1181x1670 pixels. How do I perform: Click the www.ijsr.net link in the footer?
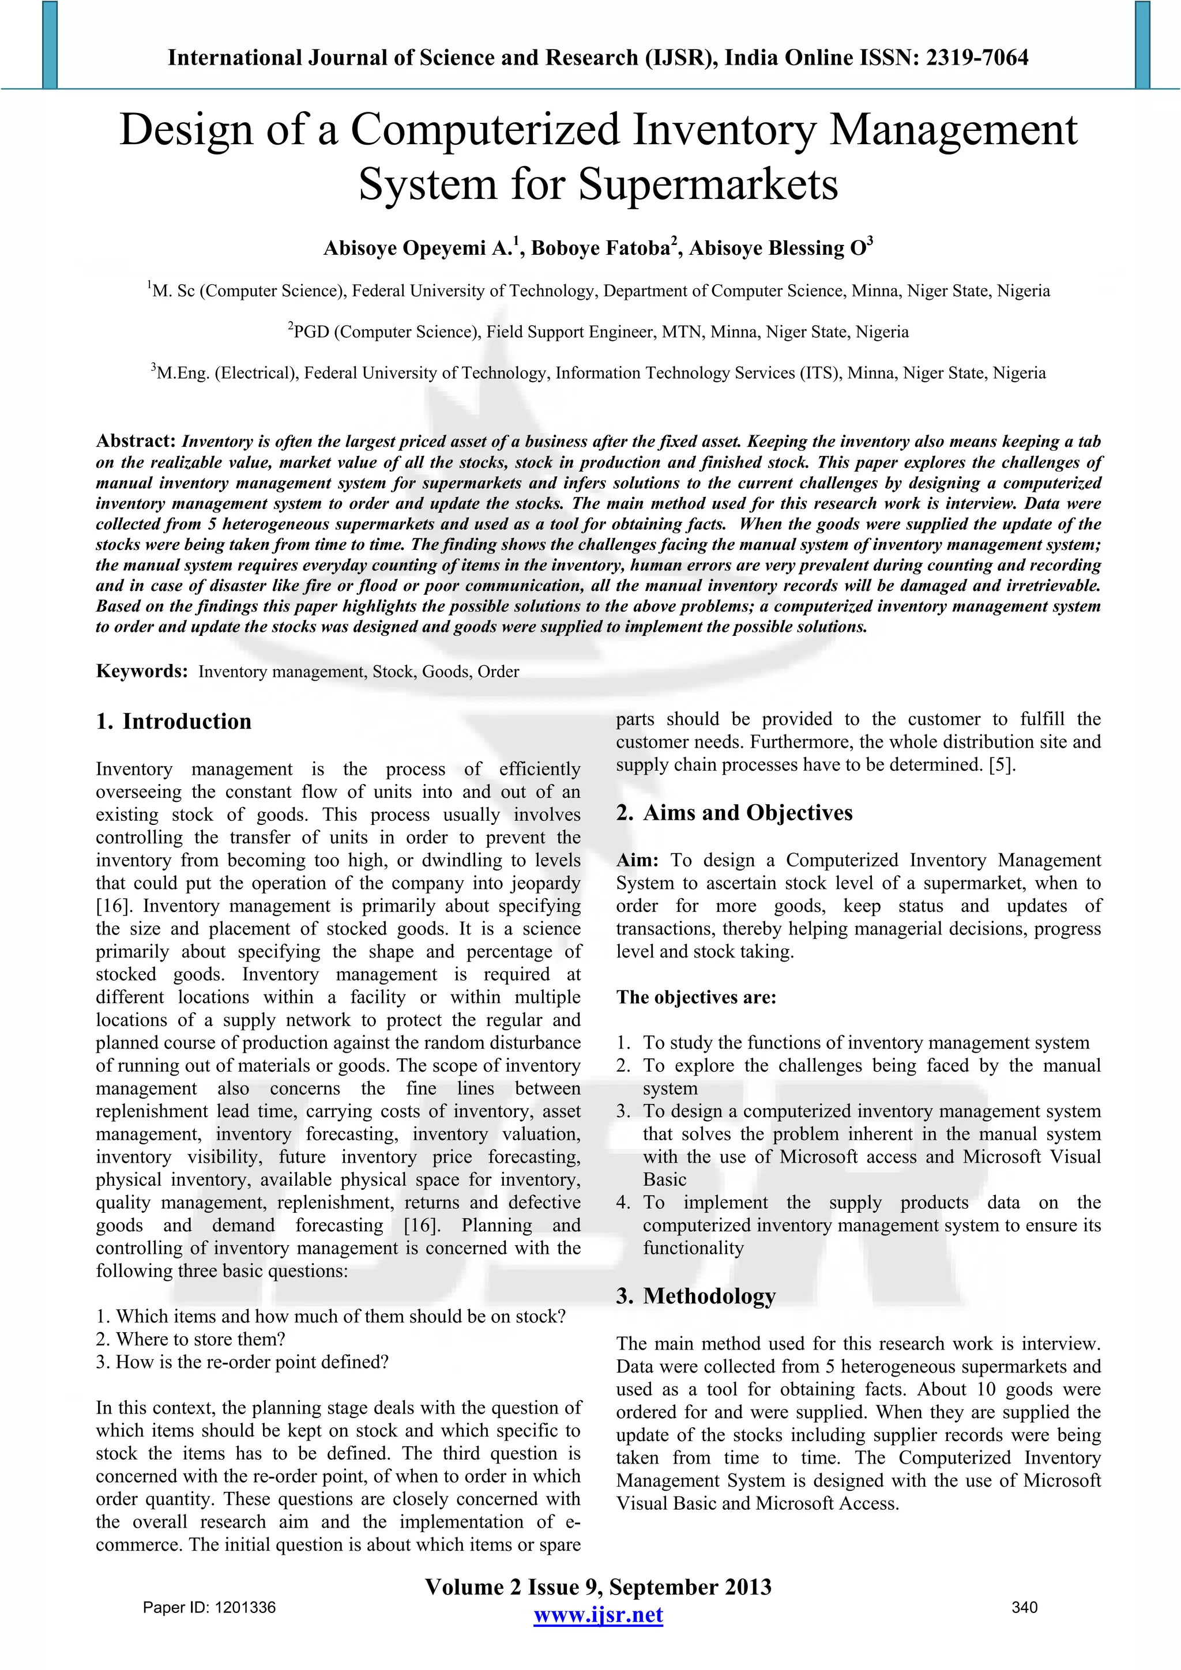point(597,1615)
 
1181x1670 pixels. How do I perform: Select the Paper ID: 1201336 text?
point(209,1607)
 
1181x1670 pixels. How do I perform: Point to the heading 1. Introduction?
point(174,722)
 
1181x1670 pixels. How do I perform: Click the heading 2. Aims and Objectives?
point(734,812)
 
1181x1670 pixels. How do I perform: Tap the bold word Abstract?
point(136,441)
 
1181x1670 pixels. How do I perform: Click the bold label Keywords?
point(142,670)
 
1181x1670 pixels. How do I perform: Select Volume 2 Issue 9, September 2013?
point(597,1587)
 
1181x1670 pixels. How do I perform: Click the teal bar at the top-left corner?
point(50,44)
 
